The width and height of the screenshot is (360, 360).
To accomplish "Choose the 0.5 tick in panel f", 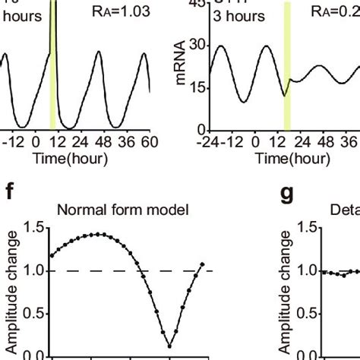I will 33,314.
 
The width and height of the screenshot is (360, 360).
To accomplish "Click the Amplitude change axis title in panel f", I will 11,285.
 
